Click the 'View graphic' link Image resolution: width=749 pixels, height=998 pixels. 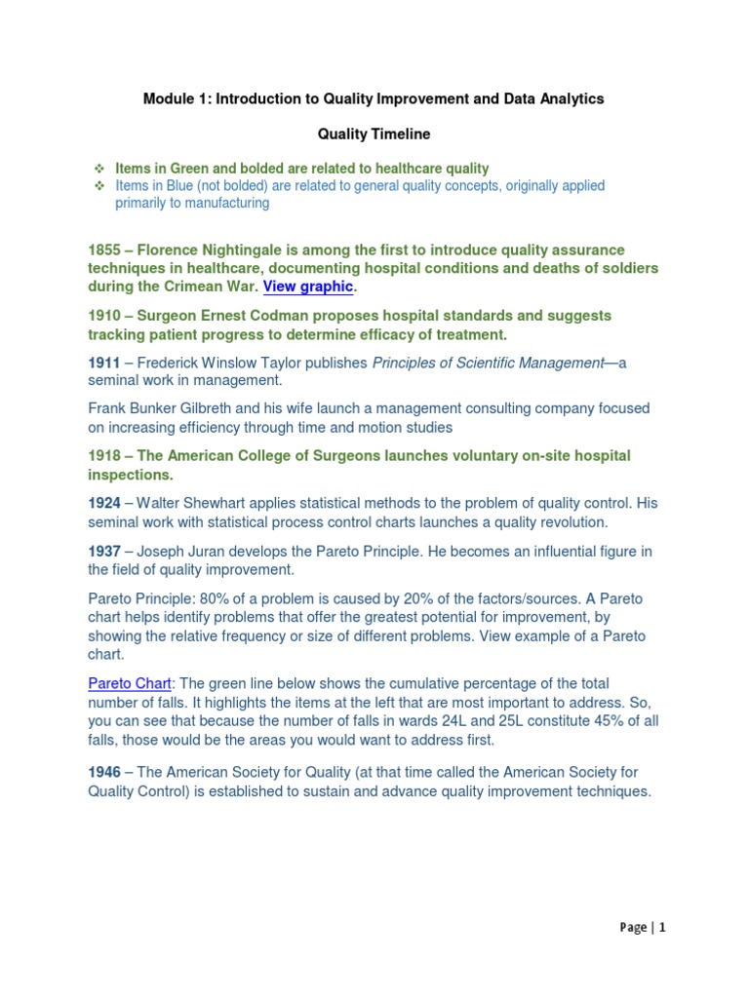coord(308,287)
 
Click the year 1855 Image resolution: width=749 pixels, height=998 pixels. coord(106,250)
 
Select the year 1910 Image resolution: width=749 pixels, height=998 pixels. coord(106,316)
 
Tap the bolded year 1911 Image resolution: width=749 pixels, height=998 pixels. coord(104,363)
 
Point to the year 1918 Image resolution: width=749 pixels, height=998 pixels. coord(106,455)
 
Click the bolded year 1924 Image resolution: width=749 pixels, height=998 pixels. coord(105,503)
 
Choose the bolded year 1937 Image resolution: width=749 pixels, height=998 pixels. coord(105,551)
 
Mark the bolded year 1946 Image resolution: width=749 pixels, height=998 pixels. coord(105,772)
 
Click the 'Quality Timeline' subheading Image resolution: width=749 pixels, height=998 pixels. coord(374,134)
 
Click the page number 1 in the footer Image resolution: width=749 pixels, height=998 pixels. coord(661,928)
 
